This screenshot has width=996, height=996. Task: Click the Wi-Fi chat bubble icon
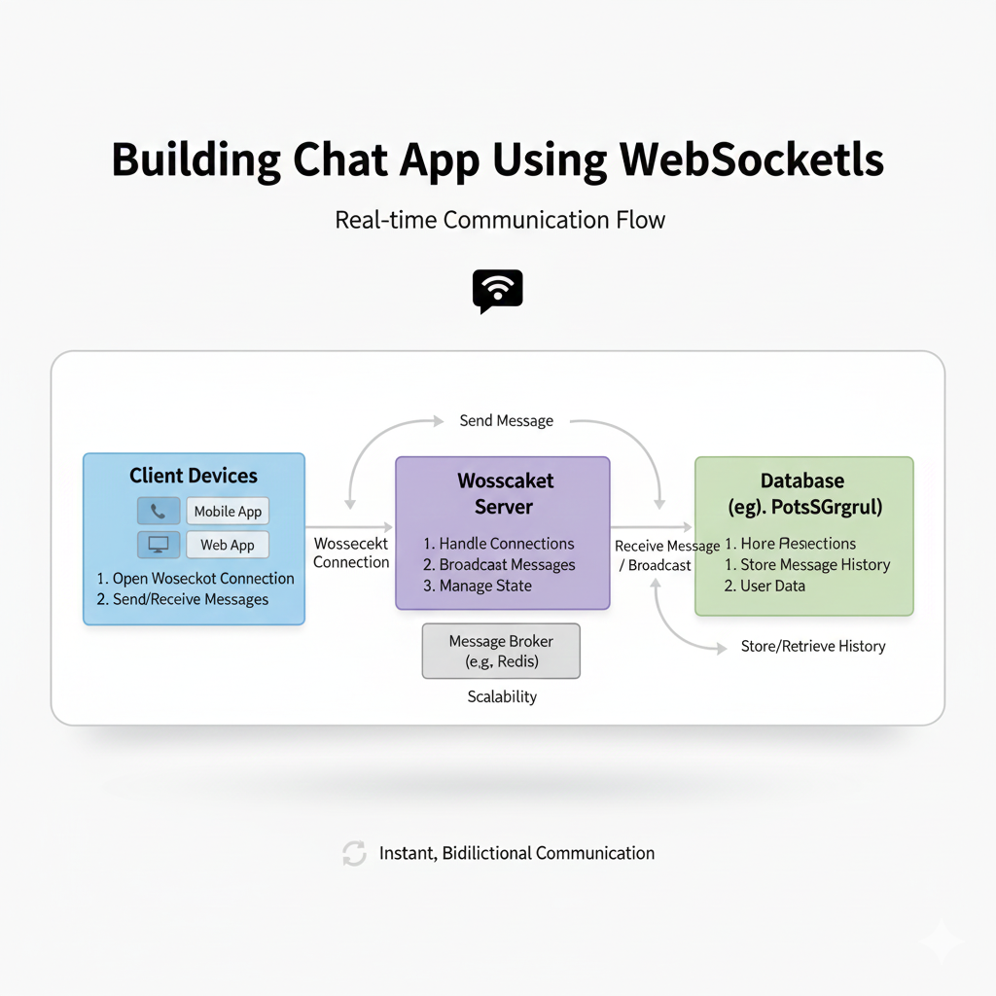click(x=497, y=291)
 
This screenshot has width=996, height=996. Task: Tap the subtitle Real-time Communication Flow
click(x=500, y=220)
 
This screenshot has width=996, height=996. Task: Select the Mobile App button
click(x=228, y=512)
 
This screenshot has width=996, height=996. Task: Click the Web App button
click(x=228, y=545)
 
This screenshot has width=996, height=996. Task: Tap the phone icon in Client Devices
click(x=158, y=512)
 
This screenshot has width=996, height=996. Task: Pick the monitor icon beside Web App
click(x=158, y=545)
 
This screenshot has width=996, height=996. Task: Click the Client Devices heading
click(x=194, y=476)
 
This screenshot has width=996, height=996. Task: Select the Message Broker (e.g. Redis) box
click(x=501, y=651)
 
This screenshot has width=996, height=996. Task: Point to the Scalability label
click(x=501, y=696)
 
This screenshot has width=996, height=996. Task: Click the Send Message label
click(x=506, y=421)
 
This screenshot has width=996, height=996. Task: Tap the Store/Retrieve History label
click(x=813, y=646)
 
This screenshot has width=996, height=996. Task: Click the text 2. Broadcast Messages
click(x=499, y=565)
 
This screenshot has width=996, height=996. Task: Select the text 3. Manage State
click(x=478, y=586)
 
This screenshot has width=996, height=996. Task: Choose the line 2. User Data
click(x=765, y=586)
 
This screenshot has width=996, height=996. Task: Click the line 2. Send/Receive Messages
click(x=182, y=599)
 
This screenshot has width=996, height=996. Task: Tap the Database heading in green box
click(x=802, y=480)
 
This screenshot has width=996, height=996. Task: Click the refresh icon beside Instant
click(x=354, y=854)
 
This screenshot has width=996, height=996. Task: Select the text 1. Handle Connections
click(x=499, y=544)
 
